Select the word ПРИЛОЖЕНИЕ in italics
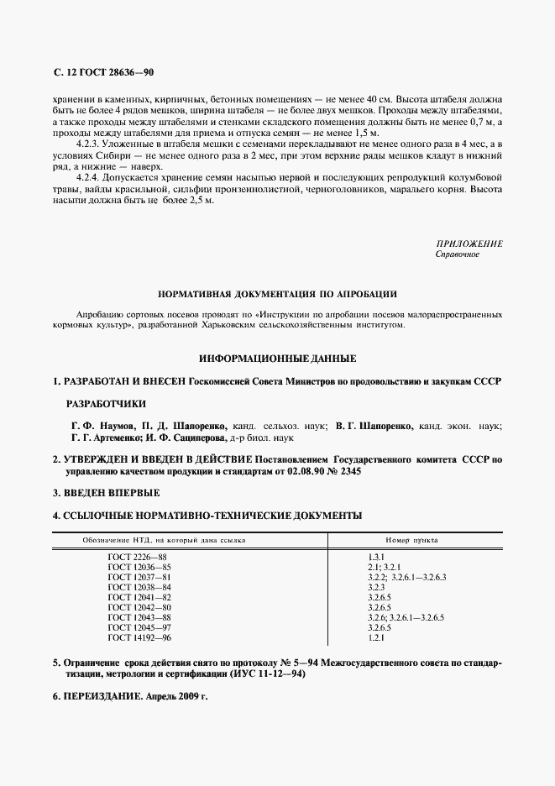coord(469,244)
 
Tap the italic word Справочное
coord(458,254)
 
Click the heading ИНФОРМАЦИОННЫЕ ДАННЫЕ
coord(277,359)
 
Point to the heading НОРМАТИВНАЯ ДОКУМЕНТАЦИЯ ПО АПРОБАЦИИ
coord(277,295)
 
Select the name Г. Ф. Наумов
coord(100,426)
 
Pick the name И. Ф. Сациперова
coord(188,438)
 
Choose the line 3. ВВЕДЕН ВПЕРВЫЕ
coord(106,493)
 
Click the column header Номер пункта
coord(411,540)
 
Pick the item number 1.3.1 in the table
coord(375,558)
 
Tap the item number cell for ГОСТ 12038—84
coord(375,588)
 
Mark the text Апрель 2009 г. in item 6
coord(175,697)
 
